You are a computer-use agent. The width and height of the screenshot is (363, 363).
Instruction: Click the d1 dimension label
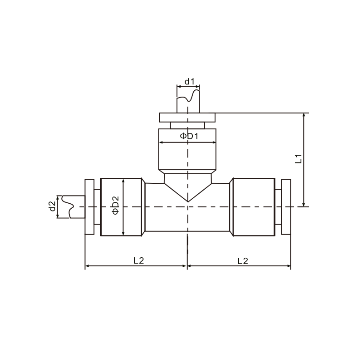[189, 82]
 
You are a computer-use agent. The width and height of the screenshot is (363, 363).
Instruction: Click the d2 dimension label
[52, 206]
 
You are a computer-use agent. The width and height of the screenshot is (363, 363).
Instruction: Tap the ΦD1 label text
[189, 136]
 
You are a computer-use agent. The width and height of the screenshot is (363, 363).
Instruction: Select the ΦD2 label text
[115, 205]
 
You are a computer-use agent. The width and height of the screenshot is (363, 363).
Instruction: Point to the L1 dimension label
[299, 159]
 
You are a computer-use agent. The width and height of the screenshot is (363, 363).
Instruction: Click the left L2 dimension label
[139, 260]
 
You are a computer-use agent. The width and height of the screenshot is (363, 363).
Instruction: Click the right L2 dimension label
[243, 261]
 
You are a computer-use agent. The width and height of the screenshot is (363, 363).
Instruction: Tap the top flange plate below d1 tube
[187, 118]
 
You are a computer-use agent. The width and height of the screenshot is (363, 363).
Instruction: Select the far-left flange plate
[89, 207]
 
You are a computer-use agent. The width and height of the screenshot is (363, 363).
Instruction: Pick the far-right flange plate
[286, 207]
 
